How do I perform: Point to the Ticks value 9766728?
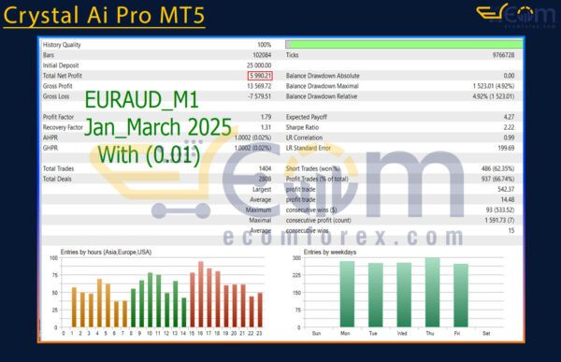tap(499, 55)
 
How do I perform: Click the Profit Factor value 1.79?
tap(265, 116)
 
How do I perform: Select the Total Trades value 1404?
tap(263, 167)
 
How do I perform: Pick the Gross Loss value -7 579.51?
tap(255, 96)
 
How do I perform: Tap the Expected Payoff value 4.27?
tap(508, 116)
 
